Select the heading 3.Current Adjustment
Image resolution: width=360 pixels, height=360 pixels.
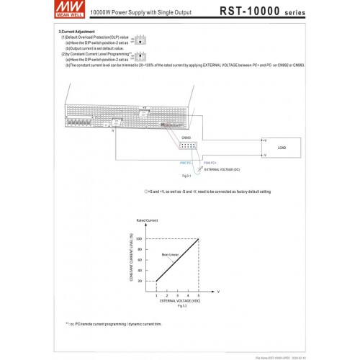(x=77, y=32)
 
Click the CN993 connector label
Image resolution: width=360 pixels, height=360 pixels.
(x=186, y=137)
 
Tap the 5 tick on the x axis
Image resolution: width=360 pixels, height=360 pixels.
(x=198, y=295)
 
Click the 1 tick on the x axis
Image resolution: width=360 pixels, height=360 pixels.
(x=156, y=295)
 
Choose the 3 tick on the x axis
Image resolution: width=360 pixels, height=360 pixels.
(x=177, y=295)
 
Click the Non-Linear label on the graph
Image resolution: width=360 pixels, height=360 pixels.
(x=170, y=256)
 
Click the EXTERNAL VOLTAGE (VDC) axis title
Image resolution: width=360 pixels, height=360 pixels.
(x=176, y=302)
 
